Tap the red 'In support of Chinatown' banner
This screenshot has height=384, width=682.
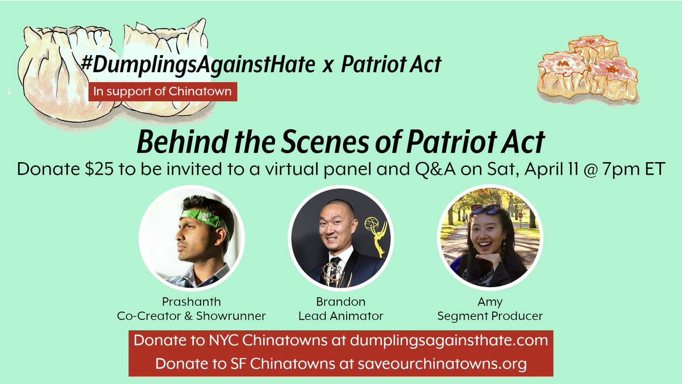coord(162,91)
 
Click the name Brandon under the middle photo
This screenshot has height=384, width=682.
coord(341,302)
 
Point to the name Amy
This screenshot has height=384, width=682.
coord(489,302)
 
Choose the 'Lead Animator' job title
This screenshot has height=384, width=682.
coord(341,316)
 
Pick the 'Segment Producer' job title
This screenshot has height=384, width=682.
coord(489,316)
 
